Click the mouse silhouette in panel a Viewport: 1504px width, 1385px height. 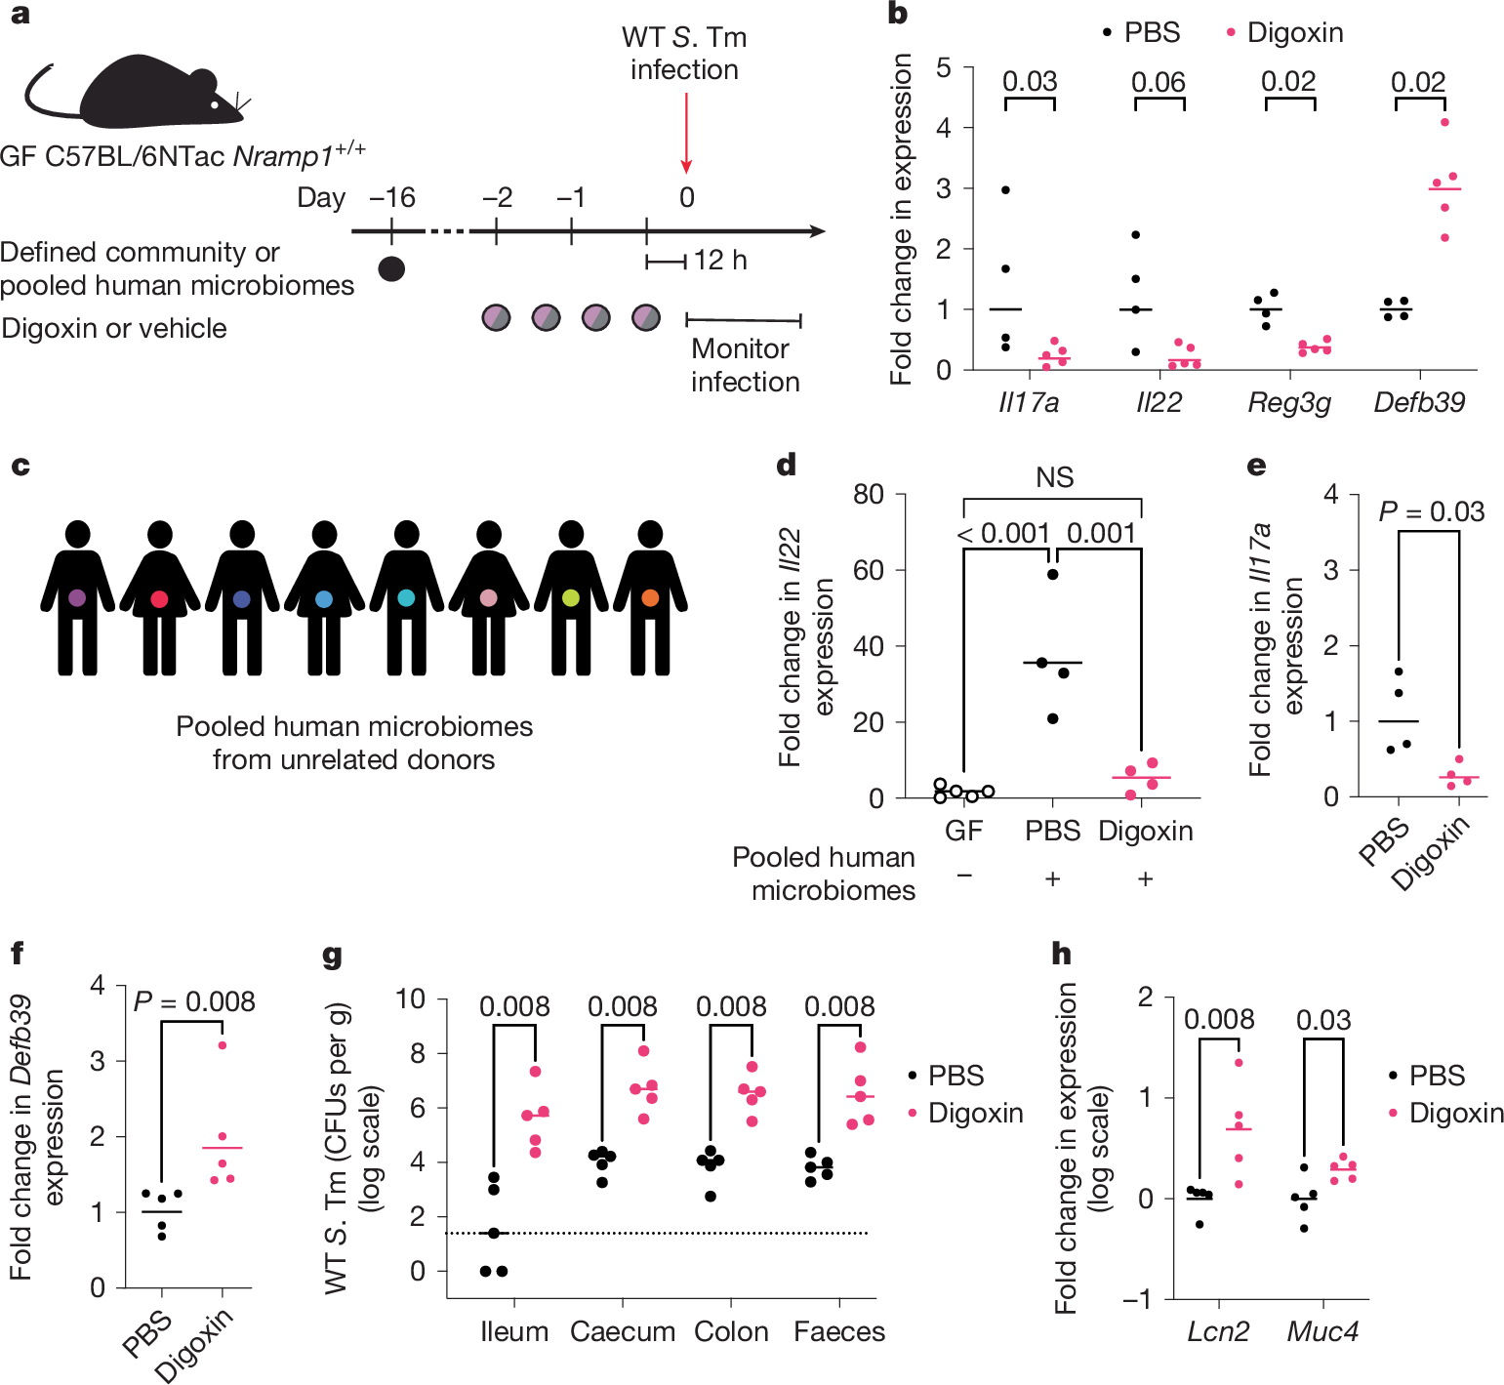point(146,98)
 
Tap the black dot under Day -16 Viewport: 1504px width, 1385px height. point(391,268)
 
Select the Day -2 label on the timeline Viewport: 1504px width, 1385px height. point(497,197)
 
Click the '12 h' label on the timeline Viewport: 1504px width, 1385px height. point(720,261)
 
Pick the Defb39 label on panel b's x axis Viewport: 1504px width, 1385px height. point(1419,402)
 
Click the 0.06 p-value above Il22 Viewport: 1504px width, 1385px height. point(1158,82)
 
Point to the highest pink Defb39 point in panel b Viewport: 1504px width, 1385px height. point(1444,122)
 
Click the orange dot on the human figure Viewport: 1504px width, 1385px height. point(650,598)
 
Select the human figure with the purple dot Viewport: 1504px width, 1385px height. point(78,597)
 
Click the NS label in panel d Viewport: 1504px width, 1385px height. point(1054,477)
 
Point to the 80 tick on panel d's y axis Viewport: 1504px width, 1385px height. point(868,494)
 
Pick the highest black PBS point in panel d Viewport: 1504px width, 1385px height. point(1052,574)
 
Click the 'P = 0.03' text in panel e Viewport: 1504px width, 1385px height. point(1431,511)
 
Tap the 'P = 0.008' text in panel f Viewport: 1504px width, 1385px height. point(194,1001)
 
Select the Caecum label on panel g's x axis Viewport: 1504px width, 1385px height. point(623,1331)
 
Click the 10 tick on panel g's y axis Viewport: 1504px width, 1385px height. point(411,998)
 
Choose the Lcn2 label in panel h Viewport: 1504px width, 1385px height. point(1218,1331)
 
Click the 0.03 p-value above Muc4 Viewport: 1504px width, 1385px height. point(1323,1020)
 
